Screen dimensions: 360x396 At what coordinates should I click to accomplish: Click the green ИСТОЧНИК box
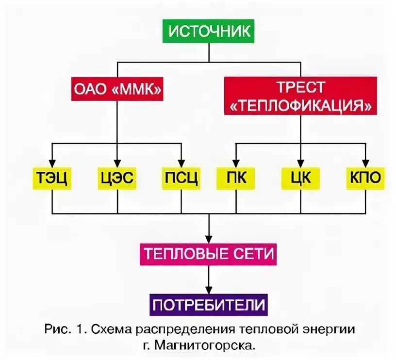tap(209, 32)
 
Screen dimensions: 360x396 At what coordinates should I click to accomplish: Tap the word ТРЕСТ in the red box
tap(300, 88)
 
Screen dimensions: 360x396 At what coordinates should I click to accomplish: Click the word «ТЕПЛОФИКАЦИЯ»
tap(300, 106)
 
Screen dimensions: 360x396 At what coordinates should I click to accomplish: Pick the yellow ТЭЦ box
tap(52, 179)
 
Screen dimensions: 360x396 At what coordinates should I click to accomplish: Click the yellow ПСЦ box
tap(181, 179)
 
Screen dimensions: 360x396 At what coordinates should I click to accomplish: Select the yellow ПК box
tap(236, 178)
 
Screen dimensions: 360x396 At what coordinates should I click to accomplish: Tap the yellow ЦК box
tap(300, 178)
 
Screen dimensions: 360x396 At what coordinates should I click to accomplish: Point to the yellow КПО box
tap(365, 178)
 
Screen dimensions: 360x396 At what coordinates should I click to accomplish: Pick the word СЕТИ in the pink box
tap(252, 254)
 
